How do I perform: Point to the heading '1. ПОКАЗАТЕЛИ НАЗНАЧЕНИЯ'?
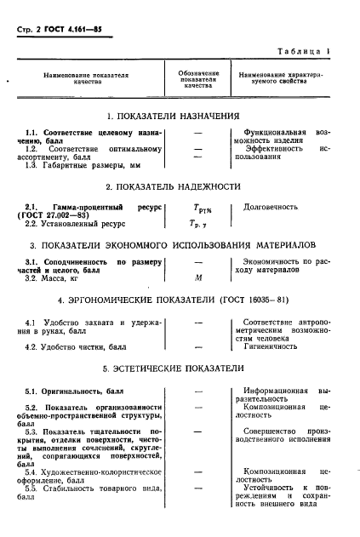tap(178, 115)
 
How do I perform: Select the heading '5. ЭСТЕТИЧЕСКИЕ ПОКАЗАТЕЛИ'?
tap(178, 369)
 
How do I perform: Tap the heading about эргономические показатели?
tap(178, 301)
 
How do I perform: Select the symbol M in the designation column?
tap(197, 278)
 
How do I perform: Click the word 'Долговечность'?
tap(271, 206)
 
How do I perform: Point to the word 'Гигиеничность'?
tap(271, 347)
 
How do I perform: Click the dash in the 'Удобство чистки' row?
tap(197, 347)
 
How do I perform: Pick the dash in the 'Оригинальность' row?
tap(197, 390)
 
